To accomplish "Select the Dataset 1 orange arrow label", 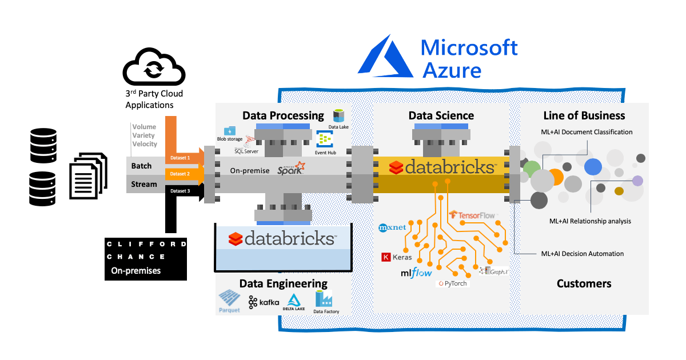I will tap(180, 157).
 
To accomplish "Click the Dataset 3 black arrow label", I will tap(180, 191).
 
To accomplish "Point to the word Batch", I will tap(142, 166).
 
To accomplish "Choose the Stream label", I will tap(143, 184).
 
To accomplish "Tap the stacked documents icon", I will tap(87, 175).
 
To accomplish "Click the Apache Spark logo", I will tap(292, 168).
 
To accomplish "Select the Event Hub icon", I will tap(325, 140).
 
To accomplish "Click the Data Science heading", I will tap(441, 115).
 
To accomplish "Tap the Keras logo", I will tap(396, 257).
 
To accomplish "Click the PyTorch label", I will tap(453, 283).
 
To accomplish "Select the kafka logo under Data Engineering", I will tap(264, 302).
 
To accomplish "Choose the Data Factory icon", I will tap(324, 299).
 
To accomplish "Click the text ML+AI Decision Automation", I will tap(582, 254).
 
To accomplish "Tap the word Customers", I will tap(584, 283).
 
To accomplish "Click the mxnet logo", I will tap(392, 227).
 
